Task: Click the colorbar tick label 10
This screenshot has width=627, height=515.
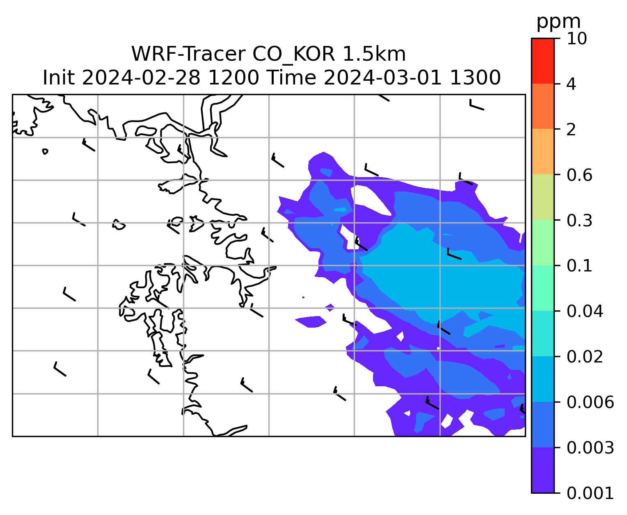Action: coord(577,39)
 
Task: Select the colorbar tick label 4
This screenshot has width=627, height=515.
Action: coord(571,84)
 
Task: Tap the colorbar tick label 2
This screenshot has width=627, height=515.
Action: coord(571,130)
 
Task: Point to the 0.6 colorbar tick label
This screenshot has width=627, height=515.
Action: coord(579,175)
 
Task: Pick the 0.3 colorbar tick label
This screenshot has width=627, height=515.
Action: coord(579,220)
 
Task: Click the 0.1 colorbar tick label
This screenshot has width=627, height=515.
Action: coord(579,266)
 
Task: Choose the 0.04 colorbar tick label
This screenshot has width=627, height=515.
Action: coord(585,311)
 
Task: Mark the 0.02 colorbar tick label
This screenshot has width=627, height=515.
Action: coord(585,356)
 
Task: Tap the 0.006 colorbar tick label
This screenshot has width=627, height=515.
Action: coord(590,402)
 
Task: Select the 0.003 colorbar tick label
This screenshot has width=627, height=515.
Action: coord(590,447)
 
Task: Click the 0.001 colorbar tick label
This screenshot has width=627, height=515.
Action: coord(590,493)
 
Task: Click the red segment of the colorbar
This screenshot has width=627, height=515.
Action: coord(542,61)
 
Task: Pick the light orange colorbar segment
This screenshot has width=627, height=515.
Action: coord(542,151)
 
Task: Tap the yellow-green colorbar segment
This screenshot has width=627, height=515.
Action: coord(542,197)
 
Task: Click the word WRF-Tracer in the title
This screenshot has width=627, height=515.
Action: coord(188,54)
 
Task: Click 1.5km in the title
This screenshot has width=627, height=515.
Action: coord(374,54)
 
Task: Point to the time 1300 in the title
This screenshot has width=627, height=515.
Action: coord(475,78)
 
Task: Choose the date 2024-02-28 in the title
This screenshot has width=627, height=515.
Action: coord(141,78)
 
